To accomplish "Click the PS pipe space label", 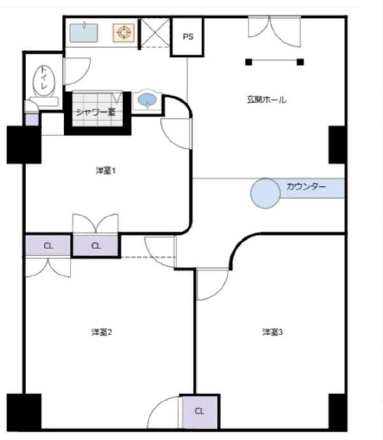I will point(188,37).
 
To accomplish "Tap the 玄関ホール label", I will point(267,99).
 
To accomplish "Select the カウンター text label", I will point(306,187).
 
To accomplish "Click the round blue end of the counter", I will point(264,192).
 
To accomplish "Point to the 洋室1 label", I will point(105,170).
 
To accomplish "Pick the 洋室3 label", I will point(272,332).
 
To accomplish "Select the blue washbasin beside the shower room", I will point(147,101).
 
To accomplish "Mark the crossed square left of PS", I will point(154,33).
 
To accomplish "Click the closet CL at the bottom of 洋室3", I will point(199,411).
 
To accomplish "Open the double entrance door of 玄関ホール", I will point(273,32).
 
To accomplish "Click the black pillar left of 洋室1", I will point(24,144).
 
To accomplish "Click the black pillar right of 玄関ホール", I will point(337,144).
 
